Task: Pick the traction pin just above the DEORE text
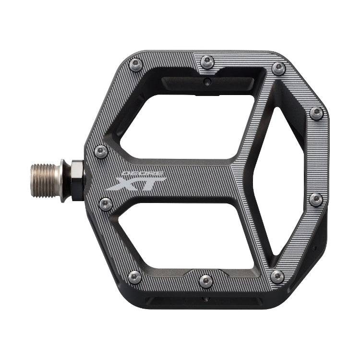pos(101,152)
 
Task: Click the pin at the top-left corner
pos(136,64)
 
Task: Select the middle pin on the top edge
pos(207,61)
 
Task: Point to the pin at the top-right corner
pos(278,69)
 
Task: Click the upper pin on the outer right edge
pos(316,114)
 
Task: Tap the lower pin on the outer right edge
pos(316,199)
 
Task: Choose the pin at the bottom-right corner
pos(277,276)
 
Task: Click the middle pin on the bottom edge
pos(206,281)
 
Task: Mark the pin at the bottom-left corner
pos(135,277)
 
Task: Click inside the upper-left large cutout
pos(187,122)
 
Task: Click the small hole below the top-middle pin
pos(206,82)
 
